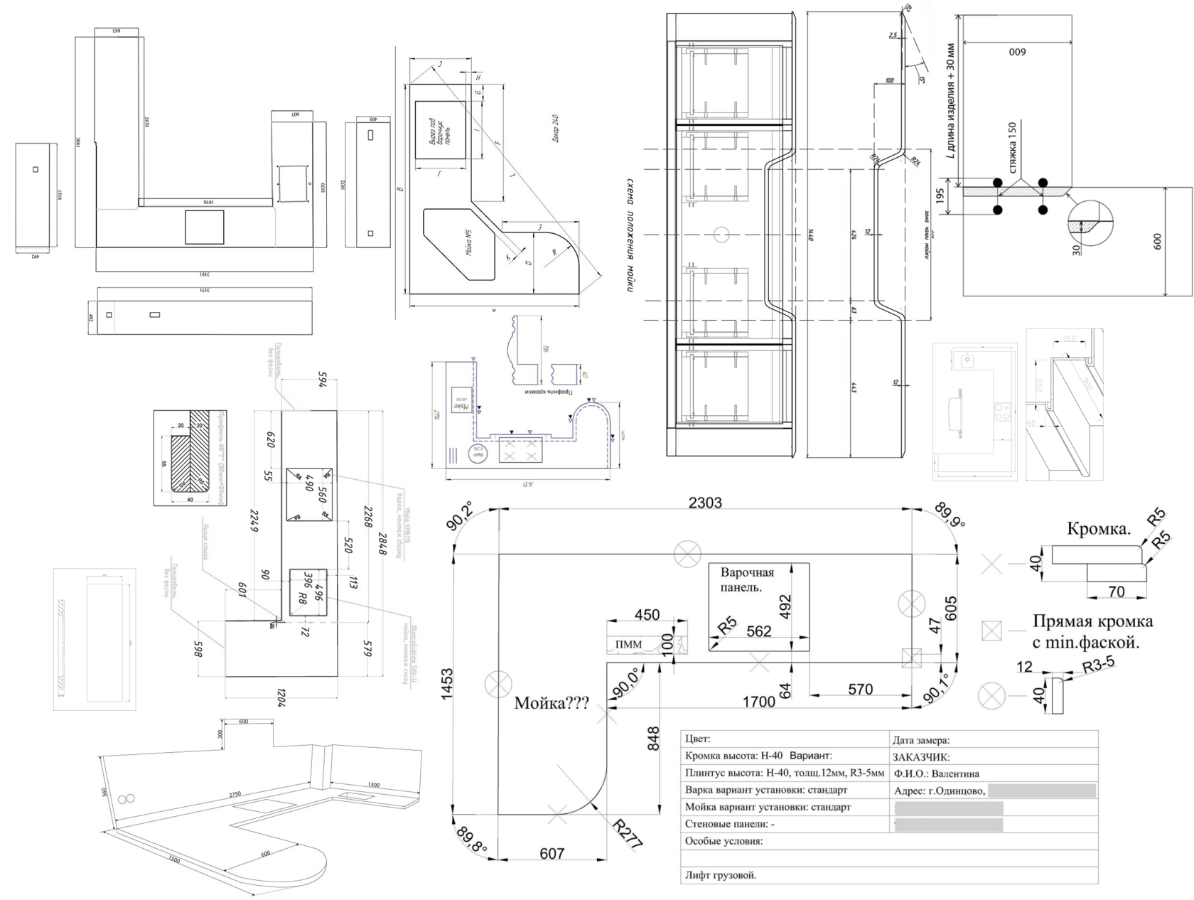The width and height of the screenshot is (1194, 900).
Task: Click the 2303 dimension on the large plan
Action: point(705,503)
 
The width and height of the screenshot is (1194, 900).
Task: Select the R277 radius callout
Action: point(628,835)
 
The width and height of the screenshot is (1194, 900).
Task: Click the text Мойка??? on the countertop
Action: point(552,704)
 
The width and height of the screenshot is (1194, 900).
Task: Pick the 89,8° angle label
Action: point(473,839)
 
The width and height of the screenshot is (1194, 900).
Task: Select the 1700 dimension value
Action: point(759,702)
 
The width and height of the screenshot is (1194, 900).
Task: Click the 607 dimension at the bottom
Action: point(552,854)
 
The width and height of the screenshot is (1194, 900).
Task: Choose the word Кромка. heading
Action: point(1099,529)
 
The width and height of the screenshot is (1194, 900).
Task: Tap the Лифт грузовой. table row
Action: point(721,875)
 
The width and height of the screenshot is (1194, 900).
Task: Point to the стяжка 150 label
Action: point(1013,148)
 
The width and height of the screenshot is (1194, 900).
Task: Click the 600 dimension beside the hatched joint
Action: point(1157,242)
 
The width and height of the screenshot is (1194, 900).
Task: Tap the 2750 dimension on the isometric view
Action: point(235,793)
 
